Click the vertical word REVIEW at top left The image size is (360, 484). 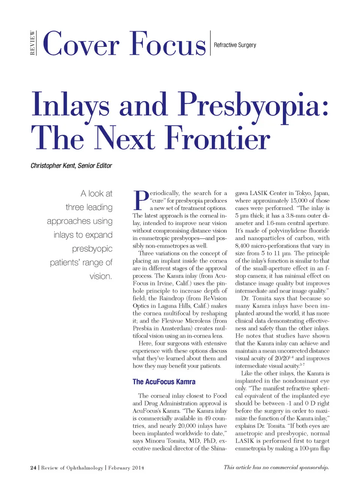tap(33, 43)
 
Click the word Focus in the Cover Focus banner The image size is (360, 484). tap(168, 44)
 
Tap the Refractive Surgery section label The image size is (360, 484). tap(235, 45)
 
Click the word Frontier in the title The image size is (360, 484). tap(217, 138)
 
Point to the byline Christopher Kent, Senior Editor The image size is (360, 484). tap(71, 165)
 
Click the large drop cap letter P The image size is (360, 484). tap(141, 200)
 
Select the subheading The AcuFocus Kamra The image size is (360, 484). tap(164, 382)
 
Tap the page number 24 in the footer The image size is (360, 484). tap(33, 467)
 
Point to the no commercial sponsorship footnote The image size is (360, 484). tap(276, 467)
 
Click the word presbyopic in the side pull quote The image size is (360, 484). tap(92, 249)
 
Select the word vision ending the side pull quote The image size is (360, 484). tap(100, 277)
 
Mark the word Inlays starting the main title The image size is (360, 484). tap(70, 105)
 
